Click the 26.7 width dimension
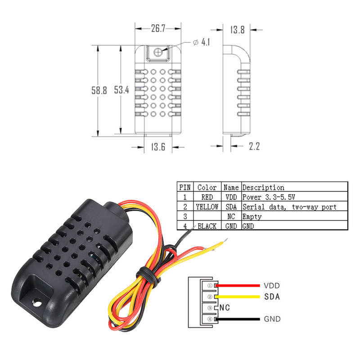[158, 28]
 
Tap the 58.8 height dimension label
[99, 90]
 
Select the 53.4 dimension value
[121, 90]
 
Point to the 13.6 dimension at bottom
[158, 147]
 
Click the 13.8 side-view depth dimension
[238, 30]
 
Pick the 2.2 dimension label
[254, 146]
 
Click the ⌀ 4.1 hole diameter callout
[201, 42]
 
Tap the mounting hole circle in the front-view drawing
[158, 52]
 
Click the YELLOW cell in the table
[207, 207]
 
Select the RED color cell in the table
[207, 197]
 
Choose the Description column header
[263, 188]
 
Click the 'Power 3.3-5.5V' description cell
[269, 197]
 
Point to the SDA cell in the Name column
[231, 207]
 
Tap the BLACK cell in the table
[207, 226]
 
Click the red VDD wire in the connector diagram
[238, 286]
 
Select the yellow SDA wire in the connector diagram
[238, 297]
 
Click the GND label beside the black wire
[272, 319]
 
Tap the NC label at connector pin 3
[225, 308]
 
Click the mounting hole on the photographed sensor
[37, 303]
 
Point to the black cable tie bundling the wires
[148, 275]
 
